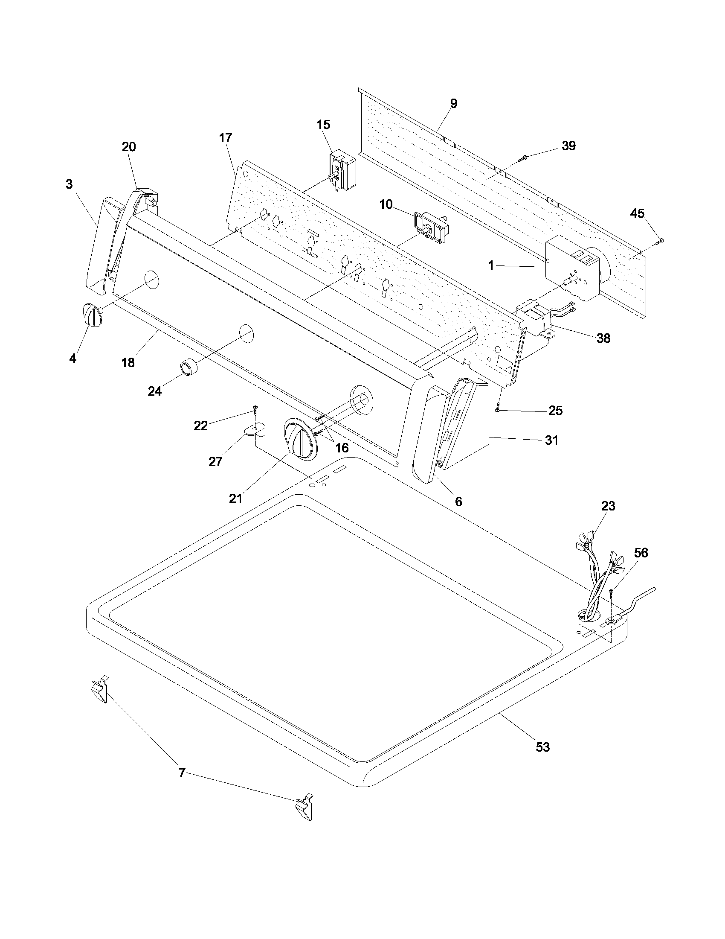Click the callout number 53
coord(542,747)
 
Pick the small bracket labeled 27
coord(256,430)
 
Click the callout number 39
coord(568,146)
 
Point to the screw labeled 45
coord(659,242)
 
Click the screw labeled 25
coord(498,406)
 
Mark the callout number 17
coord(225,138)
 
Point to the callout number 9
coord(454,103)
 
